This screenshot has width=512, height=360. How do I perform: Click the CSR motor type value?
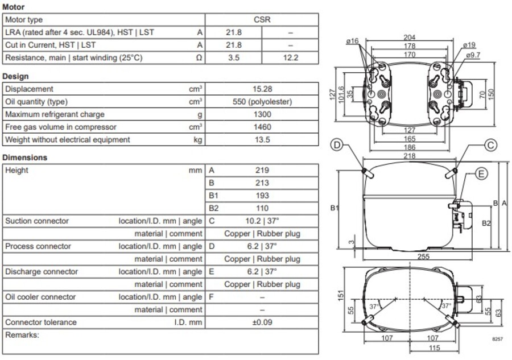coord(262,20)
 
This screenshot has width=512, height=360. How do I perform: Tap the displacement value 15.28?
coord(262,89)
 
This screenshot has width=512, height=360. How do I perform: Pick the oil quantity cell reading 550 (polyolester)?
coord(262,102)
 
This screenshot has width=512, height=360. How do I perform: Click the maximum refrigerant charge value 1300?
coord(262,114)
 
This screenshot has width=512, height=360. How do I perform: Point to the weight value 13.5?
coord(262,139)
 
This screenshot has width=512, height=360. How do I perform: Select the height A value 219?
coord(262,170)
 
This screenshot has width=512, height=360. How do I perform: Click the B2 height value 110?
coord(262,208)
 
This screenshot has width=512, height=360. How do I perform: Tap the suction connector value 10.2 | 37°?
coord(262,221)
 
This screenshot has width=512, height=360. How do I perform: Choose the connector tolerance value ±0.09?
coord(262,322)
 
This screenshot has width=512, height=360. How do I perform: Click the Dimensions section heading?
coord(25,158)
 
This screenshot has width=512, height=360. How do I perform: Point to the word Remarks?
coord(22,335)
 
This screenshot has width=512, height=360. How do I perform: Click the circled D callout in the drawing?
coord(337,146)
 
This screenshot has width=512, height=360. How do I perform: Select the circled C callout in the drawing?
coord(490,146)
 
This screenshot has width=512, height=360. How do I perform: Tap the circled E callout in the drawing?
coord(481,174)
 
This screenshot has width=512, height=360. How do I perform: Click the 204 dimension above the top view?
coord(409,38)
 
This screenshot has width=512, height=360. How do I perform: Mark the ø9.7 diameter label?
coord(473,55)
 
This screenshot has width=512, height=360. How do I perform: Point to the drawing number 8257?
coord(497,339)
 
